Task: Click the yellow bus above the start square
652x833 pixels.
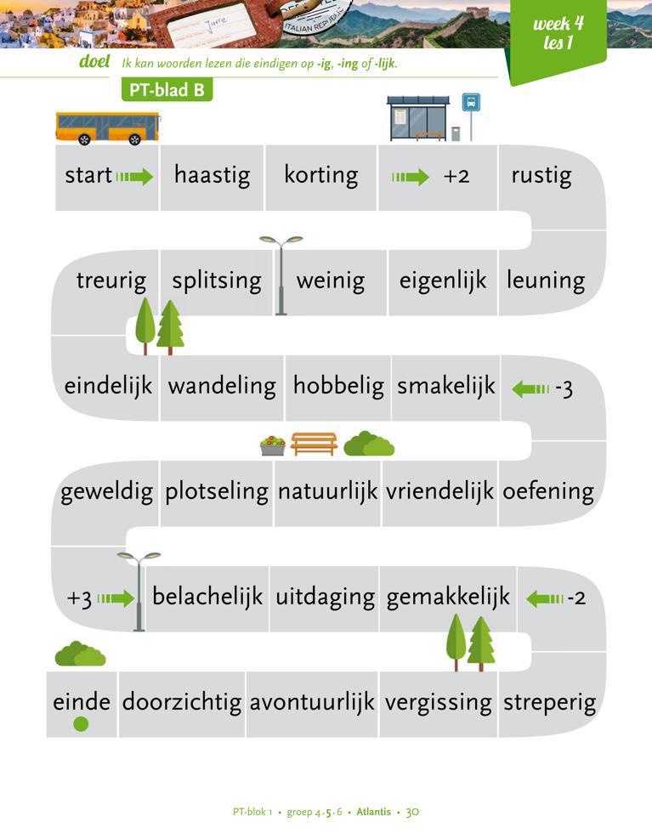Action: [x=107, y=127]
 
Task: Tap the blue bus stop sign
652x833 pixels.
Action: [x=471, y=103]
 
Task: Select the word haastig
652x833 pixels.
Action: [x=212, y=176]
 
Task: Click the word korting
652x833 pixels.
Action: [x=320, y=176]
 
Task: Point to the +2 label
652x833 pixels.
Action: [x=456, y=177]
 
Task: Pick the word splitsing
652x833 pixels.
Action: [x=217, y=281]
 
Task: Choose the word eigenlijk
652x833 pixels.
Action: [x=443, y=281]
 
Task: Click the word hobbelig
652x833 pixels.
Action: [x=338, y=387]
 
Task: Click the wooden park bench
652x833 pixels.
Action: [x=314, y=444]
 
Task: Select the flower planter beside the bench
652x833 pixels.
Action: [x=273, y=445]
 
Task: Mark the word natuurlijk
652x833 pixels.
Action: [x=327, y=492]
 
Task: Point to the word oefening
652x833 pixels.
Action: [x=547, y=491]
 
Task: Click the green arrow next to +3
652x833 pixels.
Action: [x=116, y=598]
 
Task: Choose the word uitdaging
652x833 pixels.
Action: [x=325, y=597]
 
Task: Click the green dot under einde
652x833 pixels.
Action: [x=81, y=724]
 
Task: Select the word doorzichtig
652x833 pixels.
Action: [x=182, y=703]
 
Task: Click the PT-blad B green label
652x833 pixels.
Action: [x=167, y=90]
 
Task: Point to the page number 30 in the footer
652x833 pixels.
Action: [x=412, y=812]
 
